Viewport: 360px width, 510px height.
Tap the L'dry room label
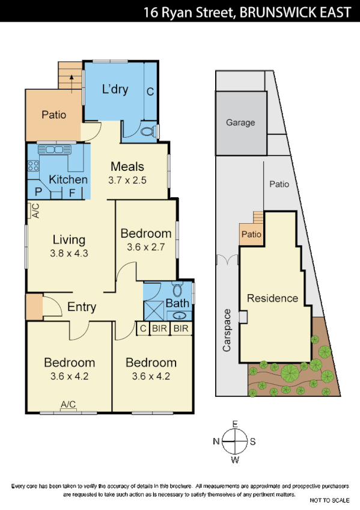[x=115, y=90]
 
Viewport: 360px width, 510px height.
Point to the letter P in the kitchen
[x=38, y=192]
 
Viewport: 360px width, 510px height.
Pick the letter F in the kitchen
[x=72, y=192]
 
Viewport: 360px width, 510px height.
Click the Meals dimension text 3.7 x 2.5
[x=127, y=180]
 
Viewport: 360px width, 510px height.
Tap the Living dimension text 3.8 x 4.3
[x=69, y=253]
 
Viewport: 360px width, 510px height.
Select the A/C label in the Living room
[x=35, y=210]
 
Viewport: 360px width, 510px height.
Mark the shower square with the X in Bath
[x=153, y=311]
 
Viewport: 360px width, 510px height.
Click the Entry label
[x=82, y=307]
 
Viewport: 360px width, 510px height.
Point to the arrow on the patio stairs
[x=72, y=79]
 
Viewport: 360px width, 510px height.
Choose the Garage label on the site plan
[x=240, y=123]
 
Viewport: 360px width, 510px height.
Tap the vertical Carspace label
[x=227, y=330]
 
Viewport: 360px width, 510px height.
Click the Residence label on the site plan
[x=272, y=298]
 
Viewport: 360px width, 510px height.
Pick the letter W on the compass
[x=235, y=461]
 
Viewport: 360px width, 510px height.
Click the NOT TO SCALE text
[x=329, y=500]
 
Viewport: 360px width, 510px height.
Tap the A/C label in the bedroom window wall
[x=68, y=405]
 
